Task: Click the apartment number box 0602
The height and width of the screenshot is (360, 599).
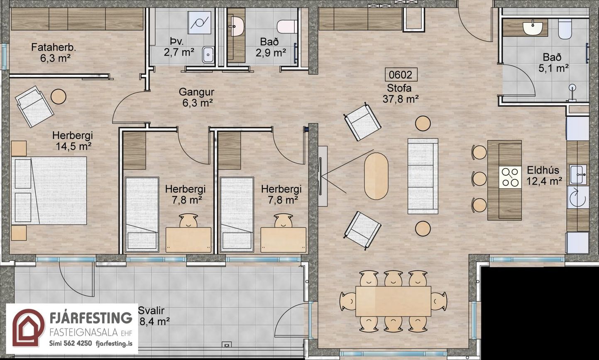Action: point(401,75)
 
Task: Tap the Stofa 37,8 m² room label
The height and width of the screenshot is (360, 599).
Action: point(400,93)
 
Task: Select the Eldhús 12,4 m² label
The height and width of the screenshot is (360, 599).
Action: point(544,176)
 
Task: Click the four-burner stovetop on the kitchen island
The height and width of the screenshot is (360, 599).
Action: point(510,177)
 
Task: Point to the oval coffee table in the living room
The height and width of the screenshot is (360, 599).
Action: point(376,176)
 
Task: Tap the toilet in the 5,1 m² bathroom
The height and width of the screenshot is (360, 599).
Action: point(565,29)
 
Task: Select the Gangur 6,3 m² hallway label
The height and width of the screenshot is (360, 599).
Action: point(197,97)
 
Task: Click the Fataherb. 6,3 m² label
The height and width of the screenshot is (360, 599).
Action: point(54,52)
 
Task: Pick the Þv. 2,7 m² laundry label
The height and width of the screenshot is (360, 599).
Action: point(178,47)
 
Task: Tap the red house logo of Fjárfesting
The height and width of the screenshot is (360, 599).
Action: point(28,328)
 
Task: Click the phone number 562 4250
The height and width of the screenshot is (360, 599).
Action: point(78,343)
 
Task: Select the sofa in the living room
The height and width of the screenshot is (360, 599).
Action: point(423,176)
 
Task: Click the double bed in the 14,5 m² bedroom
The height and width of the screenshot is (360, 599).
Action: point(49,191)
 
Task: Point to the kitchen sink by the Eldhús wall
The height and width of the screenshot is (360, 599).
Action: point(577,175)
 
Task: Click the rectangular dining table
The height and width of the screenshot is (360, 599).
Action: point(393,301)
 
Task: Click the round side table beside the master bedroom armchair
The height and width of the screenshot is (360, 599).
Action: point(58,97)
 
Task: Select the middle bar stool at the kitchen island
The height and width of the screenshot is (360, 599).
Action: point(479,179)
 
